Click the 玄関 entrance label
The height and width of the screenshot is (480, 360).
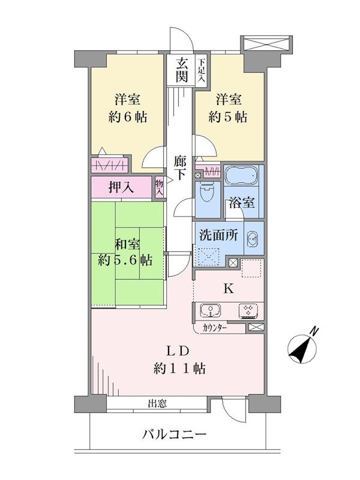click(x=182, y=70)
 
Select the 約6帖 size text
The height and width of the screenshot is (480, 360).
click(x=128, y=116)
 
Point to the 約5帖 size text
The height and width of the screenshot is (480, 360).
click(x=228, y=116)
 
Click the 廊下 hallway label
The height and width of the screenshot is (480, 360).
click(x=179, y=167)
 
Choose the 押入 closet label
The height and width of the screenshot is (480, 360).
click(x=121, y=187)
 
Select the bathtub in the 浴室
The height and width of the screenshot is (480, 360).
click(x=242, y=176)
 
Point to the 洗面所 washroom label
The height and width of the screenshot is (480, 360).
click(x=218, y=235)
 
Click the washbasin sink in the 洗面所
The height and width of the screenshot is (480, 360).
click(x=253, y=238)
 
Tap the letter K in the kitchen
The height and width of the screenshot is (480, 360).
click(x=229, y=289)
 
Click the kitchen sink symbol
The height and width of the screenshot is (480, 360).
click(x=211, y=310)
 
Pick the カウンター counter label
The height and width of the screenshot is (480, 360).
click(x=215, y=328)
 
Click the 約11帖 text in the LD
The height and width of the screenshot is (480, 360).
click(x=179, y=368)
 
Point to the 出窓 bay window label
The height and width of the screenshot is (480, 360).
click(x=157, y=403)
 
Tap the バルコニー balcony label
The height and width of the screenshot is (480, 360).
click(x=175, y=434)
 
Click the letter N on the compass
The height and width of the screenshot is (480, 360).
click(x=314, y=332)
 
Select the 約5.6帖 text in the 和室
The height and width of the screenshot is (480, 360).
click(x=125, y=260)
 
